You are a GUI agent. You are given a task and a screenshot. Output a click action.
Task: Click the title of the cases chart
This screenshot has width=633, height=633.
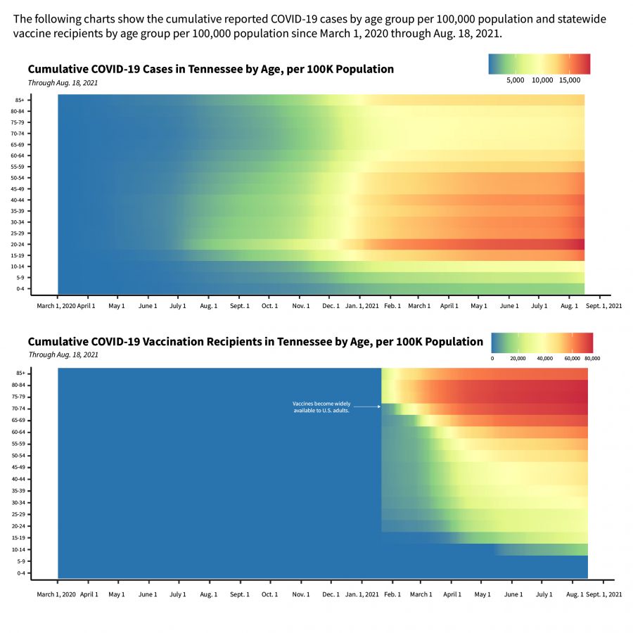pos(210,69)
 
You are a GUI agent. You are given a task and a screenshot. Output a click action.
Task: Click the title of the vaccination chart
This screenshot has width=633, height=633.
pos(255,342)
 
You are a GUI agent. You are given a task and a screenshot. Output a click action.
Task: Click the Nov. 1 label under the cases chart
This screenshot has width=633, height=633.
pos(300,306)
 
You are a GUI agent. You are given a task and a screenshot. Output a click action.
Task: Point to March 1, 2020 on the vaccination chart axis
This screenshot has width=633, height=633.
pos(56,594)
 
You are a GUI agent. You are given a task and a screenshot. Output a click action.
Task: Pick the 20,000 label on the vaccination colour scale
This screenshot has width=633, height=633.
pos(518,358)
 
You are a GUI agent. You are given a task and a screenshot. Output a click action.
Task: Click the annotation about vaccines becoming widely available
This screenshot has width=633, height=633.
pos(321,407)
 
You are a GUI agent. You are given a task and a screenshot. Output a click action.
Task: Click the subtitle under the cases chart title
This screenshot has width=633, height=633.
pos(63,82)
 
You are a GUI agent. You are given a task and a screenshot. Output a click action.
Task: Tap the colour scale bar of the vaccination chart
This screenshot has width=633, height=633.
pos(542,342)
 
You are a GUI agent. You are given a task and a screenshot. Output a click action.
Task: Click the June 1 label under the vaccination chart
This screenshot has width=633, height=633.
pos(513,594)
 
